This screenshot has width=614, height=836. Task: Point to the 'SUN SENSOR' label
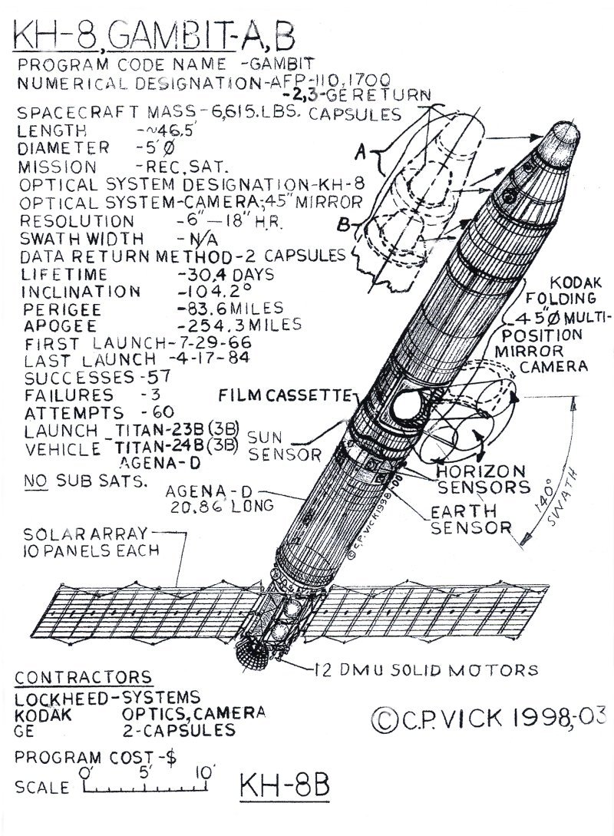coord(273,445)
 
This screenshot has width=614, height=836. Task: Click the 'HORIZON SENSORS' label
coord(481,478)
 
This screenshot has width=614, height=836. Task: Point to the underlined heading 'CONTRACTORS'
coord(84,678)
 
